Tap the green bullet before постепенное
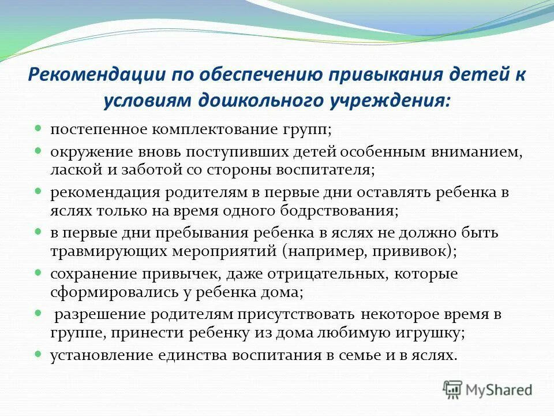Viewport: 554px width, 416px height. tap(38, 129)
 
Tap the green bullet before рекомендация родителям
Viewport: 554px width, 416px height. tap(38, 190)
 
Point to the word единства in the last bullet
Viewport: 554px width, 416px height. tap(189, 355)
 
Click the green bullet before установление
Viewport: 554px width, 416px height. tap(38, 354)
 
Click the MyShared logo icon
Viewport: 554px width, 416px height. tap(452, 389)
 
